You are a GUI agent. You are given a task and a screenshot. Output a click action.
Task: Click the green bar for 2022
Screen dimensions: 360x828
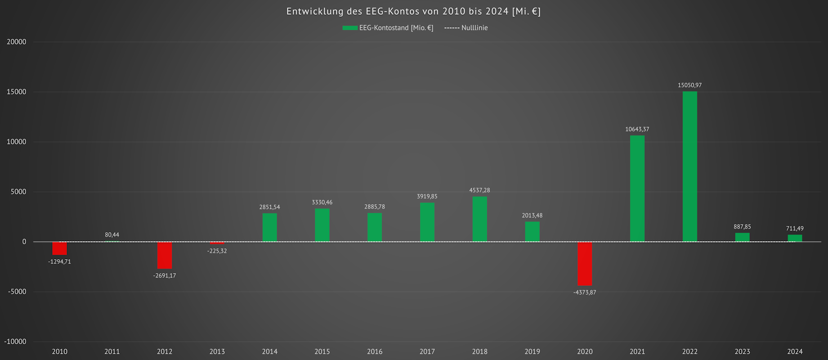coord(689,166)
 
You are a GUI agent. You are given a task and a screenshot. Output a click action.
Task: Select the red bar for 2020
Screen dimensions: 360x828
coord(585,264)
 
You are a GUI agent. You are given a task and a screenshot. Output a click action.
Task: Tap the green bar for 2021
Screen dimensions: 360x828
coord(637,189)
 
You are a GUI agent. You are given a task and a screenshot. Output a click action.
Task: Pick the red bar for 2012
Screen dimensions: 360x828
coord(165,255)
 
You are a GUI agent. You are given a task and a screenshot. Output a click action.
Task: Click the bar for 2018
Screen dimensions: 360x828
coord(479,219)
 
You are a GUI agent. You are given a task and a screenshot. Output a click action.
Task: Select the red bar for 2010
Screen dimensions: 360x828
coord(59,248)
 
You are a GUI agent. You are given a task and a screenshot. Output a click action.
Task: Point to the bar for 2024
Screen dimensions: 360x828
coord(795,238)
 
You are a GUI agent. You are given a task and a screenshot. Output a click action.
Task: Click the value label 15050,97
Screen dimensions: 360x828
coord(689,85)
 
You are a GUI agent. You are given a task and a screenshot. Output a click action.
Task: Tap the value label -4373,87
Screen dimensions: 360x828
coord(585,292)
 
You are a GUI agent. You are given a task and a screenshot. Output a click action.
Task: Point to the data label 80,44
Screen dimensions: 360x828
coord(112,235)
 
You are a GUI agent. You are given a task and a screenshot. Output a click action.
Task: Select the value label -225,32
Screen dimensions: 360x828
coord(217,251)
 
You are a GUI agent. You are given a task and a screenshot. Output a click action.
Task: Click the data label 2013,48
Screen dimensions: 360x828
coord(532,216)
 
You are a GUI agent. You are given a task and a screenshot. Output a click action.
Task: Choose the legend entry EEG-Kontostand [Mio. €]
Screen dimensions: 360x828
coord(396,28)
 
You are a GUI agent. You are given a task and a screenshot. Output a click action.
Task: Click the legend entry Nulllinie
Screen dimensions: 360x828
coord(474,28)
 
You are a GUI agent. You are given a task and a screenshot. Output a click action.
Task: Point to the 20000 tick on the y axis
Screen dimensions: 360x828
coord(17,42)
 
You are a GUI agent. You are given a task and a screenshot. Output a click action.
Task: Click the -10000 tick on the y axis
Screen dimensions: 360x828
coord(15,342)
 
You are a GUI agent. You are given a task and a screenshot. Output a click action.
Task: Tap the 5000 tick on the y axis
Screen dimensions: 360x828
coord(18,192)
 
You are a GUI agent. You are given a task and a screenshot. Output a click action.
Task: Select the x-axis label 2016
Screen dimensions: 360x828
coord(375,351)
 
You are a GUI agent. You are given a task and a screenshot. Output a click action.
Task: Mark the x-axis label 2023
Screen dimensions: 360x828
coord(742,351)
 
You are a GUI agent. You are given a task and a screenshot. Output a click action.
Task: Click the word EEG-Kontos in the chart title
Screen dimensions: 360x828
coord(385,11)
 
